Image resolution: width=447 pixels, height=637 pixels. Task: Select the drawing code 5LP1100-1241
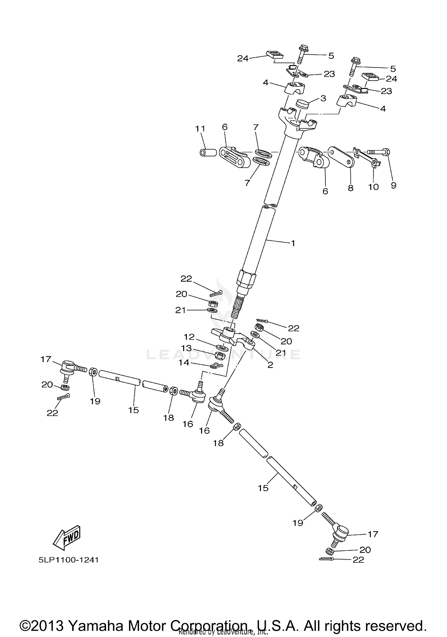(69, 560)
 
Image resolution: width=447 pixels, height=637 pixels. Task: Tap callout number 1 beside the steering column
(293, 243)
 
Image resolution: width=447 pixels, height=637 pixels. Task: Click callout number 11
(200, 129)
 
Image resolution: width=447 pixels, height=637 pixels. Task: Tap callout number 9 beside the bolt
(393, 185)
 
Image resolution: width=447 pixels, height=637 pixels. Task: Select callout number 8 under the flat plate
(350, 188)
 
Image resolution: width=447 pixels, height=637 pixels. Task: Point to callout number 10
(373, 187)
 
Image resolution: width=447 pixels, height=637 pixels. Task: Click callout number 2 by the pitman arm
(270, 365)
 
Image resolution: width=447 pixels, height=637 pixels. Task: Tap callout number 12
(189, 337)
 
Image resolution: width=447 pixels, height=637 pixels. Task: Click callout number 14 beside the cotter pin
(184, 363)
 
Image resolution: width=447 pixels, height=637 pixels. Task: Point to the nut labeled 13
(220, 355)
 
